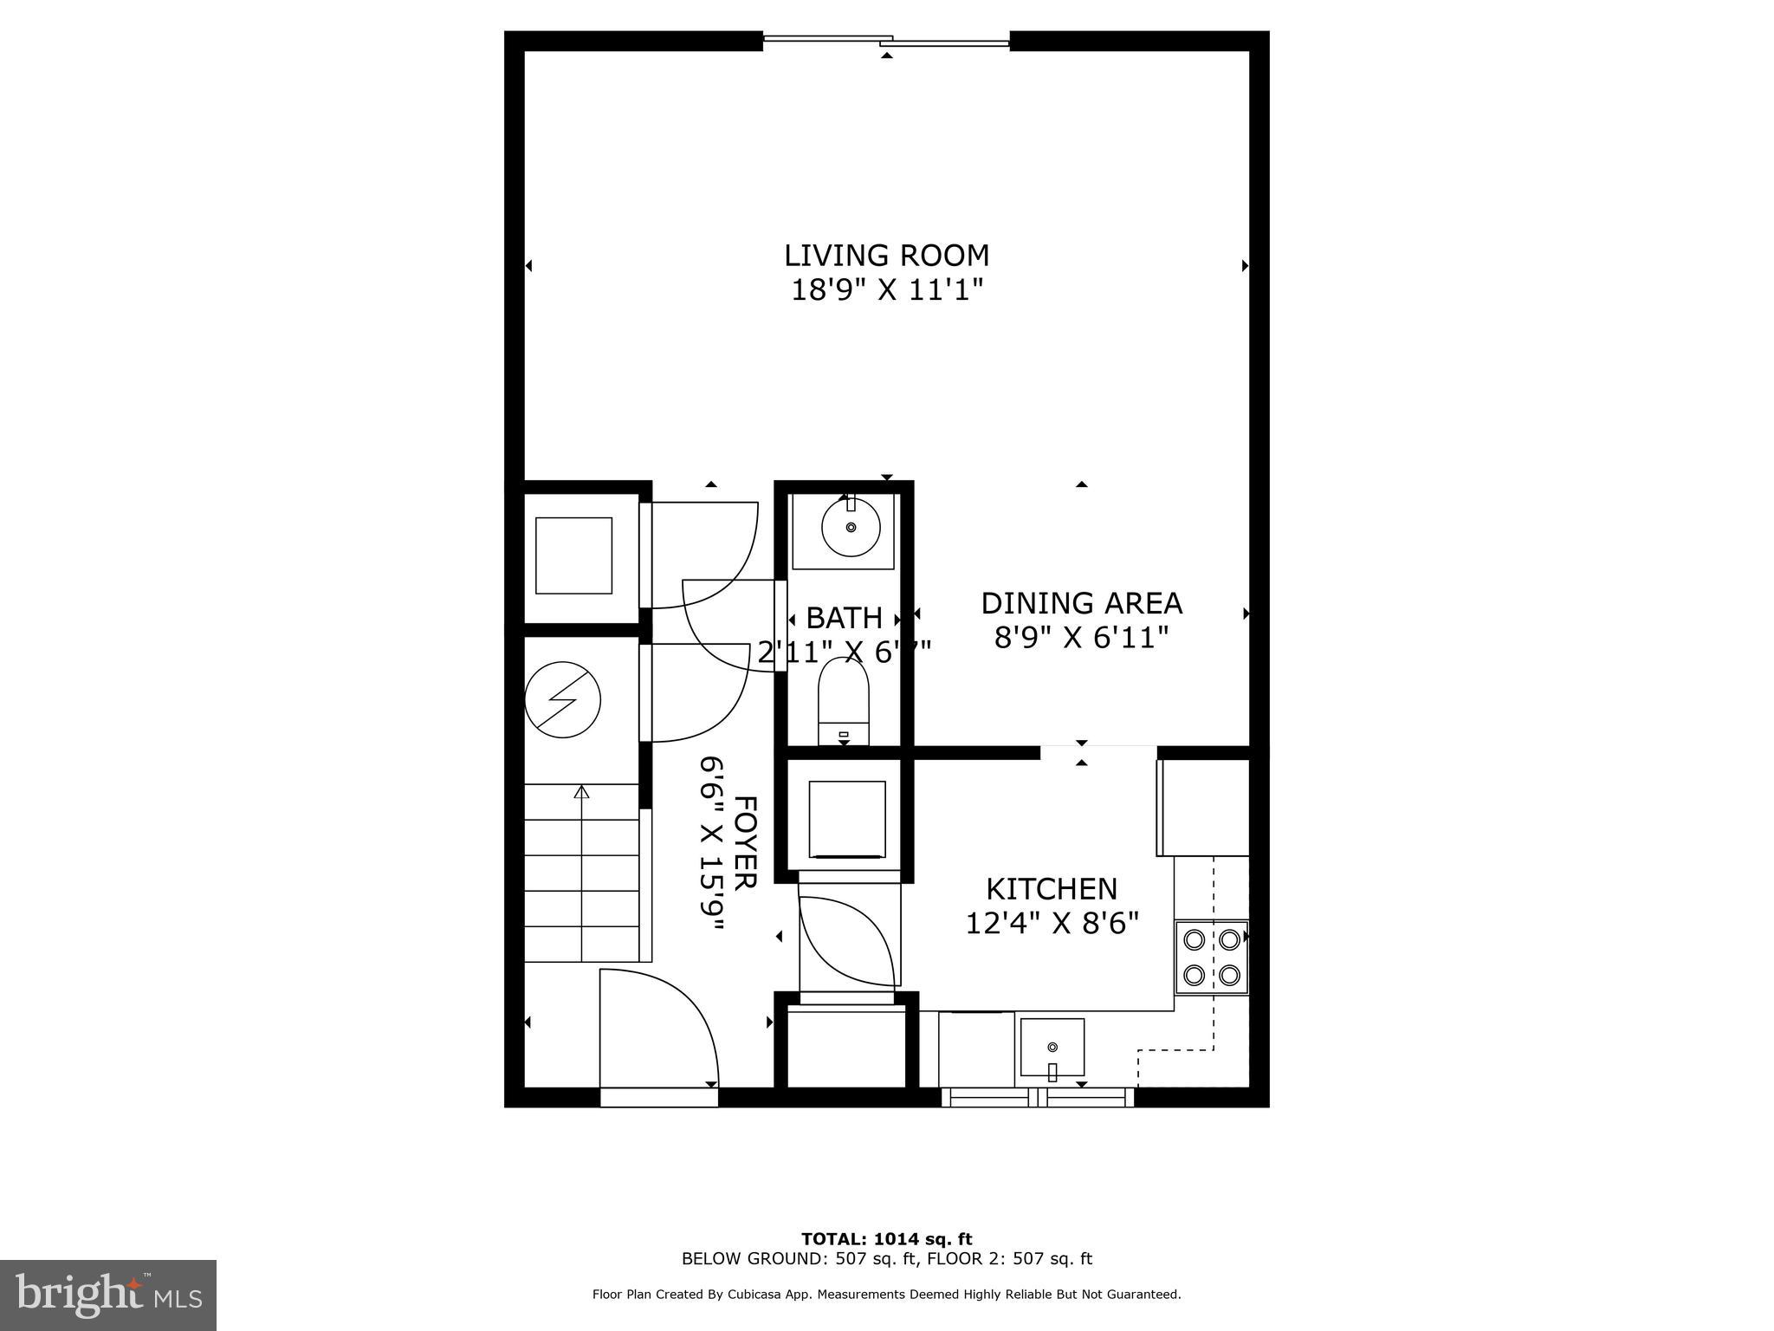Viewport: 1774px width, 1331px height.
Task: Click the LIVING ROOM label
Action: [x=886, y=256]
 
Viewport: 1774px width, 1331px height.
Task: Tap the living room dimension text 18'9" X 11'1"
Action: [x=887, y=289]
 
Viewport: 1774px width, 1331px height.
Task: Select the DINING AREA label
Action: [x=1081, y=603]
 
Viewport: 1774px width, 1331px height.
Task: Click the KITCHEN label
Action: [x=1052, y=889]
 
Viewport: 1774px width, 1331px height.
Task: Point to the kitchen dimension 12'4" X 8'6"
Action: [x=1052, y=923]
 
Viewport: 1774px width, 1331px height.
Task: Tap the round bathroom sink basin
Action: [x=851, y=527]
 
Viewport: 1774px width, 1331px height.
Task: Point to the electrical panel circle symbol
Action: [x=563, y=700]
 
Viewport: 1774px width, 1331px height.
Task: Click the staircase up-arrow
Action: [x=582, y=791]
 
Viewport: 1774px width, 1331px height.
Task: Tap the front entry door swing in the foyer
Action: [x=658, y=1031]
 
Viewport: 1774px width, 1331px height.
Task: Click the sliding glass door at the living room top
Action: [x=886, y=40]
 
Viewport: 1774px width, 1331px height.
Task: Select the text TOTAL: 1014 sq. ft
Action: [x=886, y=1239]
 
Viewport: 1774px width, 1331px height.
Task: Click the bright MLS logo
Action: [x=108, y=1295]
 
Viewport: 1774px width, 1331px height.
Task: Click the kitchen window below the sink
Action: [x=1038, y=1098]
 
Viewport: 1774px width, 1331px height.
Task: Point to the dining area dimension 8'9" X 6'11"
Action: [x=1081, y=638]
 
